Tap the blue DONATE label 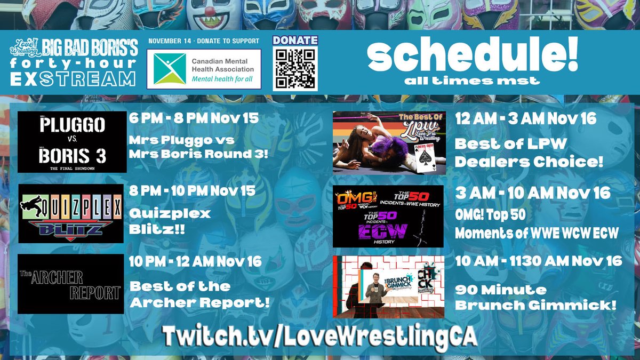[x=295, y=41]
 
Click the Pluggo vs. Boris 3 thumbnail [x=72, y=142]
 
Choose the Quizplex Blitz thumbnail [x=70, y=213]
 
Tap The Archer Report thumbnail [x=70, y=284]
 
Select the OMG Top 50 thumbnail [x=388, y=216]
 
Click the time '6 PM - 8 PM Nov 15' [x=194, y=118]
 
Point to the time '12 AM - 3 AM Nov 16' [x=525, y=118]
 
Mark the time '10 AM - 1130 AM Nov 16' [x=539, y=261]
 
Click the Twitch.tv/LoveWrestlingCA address [x=319, y=336]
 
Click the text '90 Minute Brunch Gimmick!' [x=535, y=298]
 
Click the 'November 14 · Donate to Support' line [x=204, y=41]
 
